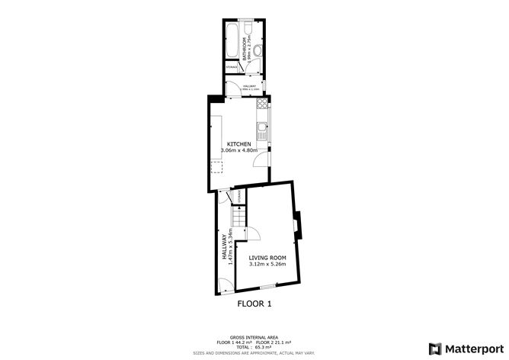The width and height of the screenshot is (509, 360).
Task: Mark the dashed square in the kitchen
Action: click(x=216, y=166)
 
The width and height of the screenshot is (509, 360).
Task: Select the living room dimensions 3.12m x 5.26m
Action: click(x=267, y=265)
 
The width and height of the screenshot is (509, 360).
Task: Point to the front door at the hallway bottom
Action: click(x=223, y=288)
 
